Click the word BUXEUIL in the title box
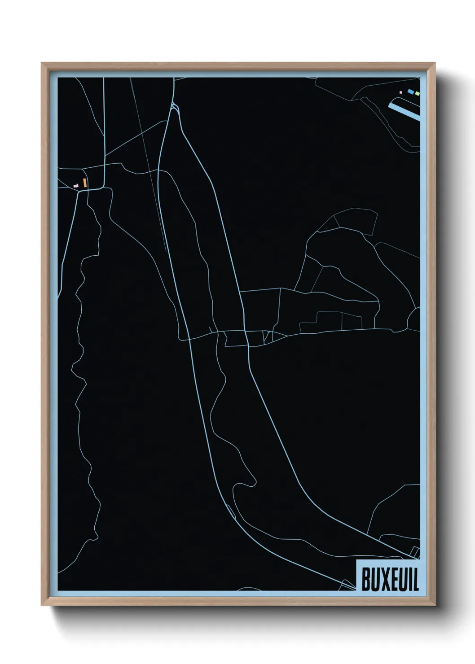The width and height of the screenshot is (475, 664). click(x=390, y=580)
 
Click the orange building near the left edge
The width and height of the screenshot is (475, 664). click(x=84, y=183)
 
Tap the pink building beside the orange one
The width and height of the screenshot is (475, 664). click(x=76, y=185)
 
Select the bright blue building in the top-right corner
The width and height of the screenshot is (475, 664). click(x=410, y=92)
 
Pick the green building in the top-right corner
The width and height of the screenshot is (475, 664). click(x=418, y=93)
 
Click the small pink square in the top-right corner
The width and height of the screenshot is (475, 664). click(x=400, y=92)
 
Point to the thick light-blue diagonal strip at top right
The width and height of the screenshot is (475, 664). click(x=404, y=110)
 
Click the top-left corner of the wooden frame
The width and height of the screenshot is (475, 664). click(x=43, y=64)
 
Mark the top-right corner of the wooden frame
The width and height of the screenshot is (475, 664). click(x=434, y=64)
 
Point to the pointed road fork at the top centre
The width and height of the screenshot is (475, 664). click(x=174, y=106)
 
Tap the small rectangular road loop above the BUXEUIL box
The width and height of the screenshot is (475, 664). click(x=416, y=553)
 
